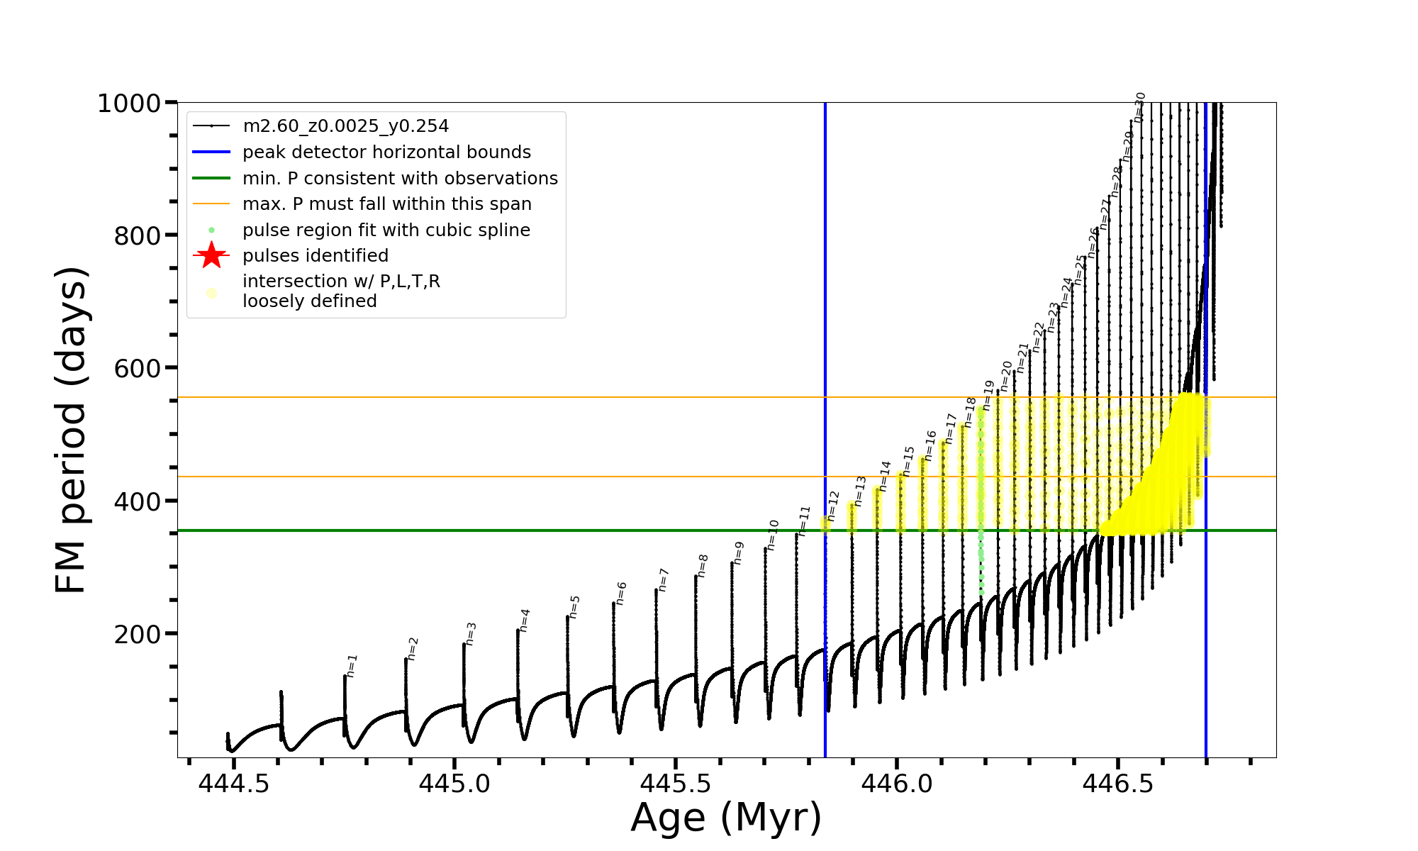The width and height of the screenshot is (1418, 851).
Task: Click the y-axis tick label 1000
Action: pyautogui.click(x=129, y=104)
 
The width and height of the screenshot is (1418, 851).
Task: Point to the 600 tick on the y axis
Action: pyautogui.click(x=137, y=369)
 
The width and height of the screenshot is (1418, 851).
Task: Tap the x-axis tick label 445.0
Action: pyautogui.click(x=454, y=783)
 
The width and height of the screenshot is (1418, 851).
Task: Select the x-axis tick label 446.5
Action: pyautogui.click(x=1117, y=783)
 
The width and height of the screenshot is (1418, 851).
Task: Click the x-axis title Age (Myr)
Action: pyautogui.click(x=726, y=818)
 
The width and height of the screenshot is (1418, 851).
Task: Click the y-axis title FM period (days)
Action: pyautogui.click(x=71, y=430)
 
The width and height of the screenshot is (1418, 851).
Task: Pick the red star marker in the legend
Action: pyautogui.click(x=211, y=255)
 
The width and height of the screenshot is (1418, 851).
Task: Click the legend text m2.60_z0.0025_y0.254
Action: pyautogui.click(x=345, y=126)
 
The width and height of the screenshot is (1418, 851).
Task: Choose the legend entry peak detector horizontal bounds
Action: pyautogui.click(x=386, y=152)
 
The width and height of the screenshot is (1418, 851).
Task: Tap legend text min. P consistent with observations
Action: pyautogui.click(x=400, y=178)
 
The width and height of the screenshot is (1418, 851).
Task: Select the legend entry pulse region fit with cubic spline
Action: pyautogui.click(x=386, y=230)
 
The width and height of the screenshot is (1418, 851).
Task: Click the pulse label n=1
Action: pyautogui.click(x=352, y=666)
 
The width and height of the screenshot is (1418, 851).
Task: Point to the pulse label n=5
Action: pyautogui.click(x=575, y=606)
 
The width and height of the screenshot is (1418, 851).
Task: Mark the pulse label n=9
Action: pyautogui.click(x=739, y=552)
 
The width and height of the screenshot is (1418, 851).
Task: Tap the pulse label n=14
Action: pyautogui.click(x=886, y=476)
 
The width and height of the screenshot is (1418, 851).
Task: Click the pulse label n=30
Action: pyautogui.click(x=1140, y=107)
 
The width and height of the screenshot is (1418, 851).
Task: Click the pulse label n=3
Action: pyautogui.click(x=471, y=633)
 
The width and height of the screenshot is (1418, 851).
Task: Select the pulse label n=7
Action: pyautogui.click(x=664, y=579)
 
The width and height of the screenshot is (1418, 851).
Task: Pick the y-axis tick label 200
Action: pyautogui.click(x=137, y=635)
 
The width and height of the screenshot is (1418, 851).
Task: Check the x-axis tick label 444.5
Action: pyautogui.click(x=233, y=783)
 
